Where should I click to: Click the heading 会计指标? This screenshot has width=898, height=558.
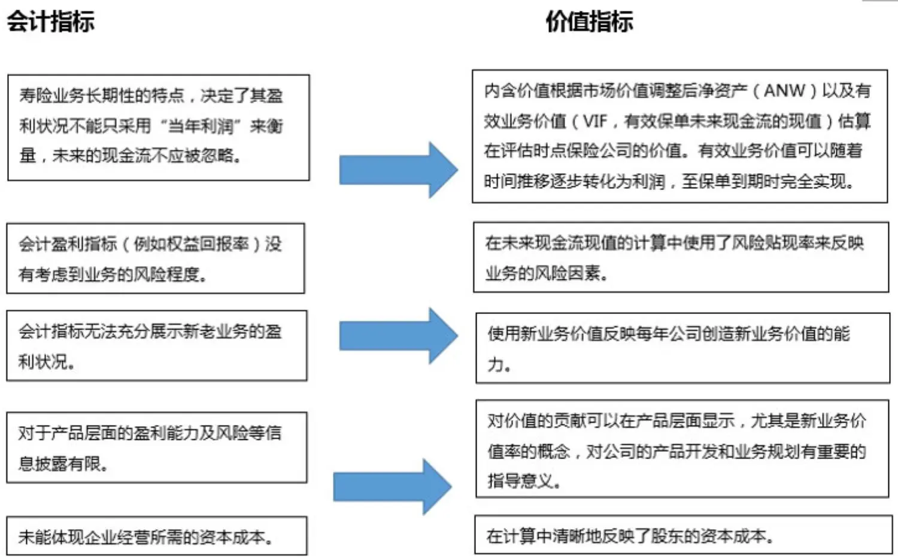click(50, 22)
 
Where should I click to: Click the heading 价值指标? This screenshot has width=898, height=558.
click(589, 22)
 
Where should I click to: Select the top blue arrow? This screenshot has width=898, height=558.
click(398, 170)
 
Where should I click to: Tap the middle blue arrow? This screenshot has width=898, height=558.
click(398, 336)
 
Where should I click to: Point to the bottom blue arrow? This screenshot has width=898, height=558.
click(392, 487)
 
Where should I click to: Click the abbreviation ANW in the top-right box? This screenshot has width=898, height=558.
click(784, 91)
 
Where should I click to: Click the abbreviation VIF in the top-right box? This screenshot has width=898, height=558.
click(594, 122)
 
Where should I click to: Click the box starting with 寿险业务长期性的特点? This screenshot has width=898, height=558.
click(158, 128)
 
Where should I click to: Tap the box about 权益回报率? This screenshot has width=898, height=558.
click(156, 258)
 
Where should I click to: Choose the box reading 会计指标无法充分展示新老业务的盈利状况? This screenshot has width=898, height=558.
click(157, 345)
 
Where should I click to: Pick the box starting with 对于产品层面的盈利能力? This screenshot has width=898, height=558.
click(157, 447)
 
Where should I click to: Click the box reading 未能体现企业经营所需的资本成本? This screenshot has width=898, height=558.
click(157, 536)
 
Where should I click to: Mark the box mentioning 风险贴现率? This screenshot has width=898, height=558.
click(681, 257)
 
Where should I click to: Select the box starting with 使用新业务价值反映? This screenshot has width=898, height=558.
click(682, 348)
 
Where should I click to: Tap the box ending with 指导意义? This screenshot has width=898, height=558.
click(682, 449)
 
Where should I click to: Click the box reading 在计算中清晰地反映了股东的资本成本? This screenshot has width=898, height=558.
click(682, 535)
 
